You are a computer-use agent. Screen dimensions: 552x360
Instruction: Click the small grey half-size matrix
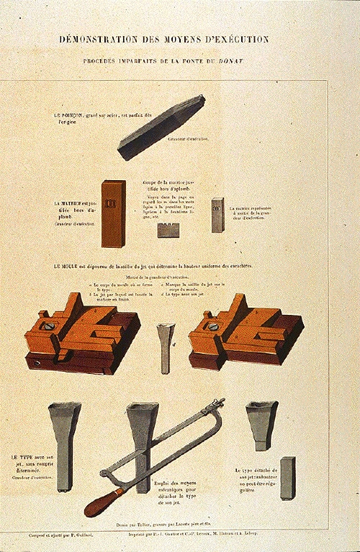click(217, 214)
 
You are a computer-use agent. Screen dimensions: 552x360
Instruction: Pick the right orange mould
click(240, 328)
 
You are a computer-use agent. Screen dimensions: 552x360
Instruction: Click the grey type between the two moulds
click(166, 347)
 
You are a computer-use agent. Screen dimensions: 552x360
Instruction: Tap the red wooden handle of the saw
click(103, 501)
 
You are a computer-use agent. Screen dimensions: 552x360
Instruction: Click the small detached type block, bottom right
click(287, 477)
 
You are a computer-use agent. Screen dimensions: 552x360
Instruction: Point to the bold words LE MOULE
click(67, 267)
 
